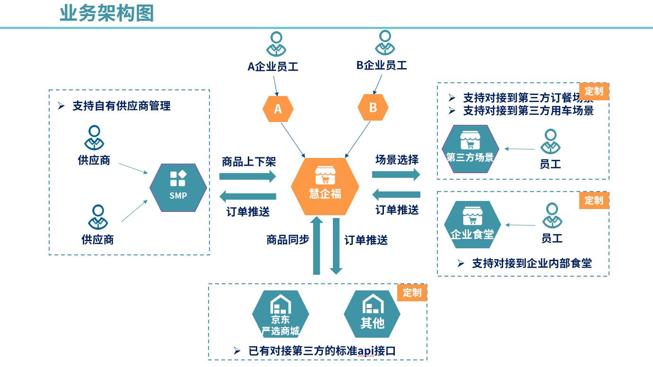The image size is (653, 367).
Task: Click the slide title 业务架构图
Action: (x=107, y=13)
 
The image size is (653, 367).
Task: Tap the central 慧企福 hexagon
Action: (x=325, y=186)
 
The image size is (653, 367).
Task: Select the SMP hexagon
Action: (x=178, y=187)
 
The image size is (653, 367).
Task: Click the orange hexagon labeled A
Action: (x=278, y=109)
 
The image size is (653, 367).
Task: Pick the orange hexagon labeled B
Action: (x=373, y=107)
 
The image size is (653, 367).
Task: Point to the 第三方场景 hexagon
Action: (x=470, y=149)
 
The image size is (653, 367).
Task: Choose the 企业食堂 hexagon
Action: (x=472, y=225)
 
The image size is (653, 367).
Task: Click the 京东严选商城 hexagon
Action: (x=280, y=314)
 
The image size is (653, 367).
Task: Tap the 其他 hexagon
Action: (x=372, y=314)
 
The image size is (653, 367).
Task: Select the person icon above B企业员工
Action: (x=385, y=43)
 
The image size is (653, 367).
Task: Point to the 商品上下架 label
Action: (x=249, y=162)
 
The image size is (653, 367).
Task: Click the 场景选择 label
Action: (x=397, y=160)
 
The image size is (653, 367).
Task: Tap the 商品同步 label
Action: (x=287, y=240)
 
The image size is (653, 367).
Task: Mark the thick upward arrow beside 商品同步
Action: (x=317, y=245)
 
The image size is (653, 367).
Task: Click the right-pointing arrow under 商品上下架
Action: (x=247, y=177)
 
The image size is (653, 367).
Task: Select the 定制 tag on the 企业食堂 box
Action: (x=593, y=201)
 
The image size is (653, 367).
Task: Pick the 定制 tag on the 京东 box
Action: (x=412, y=293)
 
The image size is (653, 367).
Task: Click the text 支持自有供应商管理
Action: (x=122, y=106)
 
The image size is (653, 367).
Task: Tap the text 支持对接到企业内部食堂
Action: (x=531, y=263)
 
